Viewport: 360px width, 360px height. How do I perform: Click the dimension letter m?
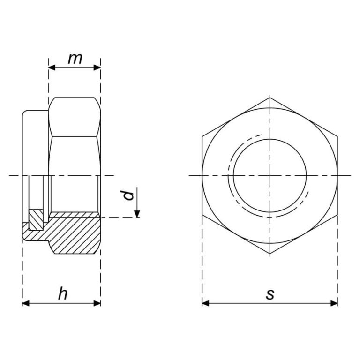coord(75,59)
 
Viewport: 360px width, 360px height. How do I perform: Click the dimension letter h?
coord(62,294)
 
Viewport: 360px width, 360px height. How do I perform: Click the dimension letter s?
coord(270,294)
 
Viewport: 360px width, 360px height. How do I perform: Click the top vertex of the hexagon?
coord(270,97)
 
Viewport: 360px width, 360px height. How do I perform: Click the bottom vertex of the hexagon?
coord(270,254)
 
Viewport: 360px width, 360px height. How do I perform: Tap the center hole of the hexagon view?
coord(270,175)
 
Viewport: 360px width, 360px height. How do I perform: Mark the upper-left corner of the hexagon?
coord(202,136)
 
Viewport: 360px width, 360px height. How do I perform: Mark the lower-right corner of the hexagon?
coord(337,215)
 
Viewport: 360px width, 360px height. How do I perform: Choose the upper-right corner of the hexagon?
coord(337,136)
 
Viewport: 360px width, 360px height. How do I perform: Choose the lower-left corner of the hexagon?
coord(202,215)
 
